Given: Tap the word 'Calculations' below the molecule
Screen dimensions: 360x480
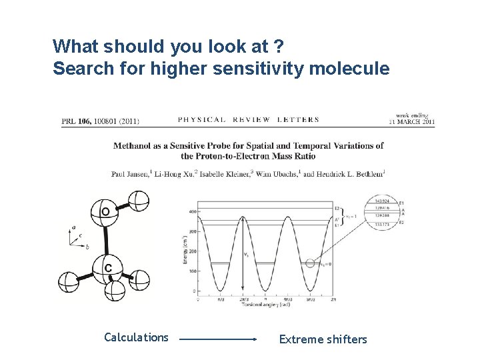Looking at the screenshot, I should tap(136, 337).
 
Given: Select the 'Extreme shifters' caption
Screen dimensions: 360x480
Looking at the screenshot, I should tap(323, 339).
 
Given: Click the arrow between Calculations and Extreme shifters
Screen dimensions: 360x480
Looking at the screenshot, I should tap(218, 339).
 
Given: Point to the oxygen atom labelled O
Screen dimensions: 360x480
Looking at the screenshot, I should tap(106, 213).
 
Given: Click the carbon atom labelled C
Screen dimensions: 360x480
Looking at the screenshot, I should tap(107, 267).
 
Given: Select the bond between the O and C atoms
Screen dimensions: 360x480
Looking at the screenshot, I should tap(106, 240).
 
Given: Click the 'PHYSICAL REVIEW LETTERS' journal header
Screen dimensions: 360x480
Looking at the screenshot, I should tap(248, 120).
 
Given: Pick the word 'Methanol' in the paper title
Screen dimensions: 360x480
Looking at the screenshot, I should tap(133, 145).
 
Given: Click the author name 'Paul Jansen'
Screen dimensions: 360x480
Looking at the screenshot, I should tap(129, 173).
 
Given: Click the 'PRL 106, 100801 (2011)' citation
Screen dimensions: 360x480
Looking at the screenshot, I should tap(100, 121).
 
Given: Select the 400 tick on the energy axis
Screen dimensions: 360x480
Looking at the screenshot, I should tap(192, 211).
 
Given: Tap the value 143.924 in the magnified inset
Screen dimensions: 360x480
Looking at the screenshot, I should tap(383, 201).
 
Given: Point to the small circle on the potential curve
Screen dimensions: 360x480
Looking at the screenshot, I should tap(309, 263).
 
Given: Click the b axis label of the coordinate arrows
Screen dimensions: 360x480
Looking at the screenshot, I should tap(87, 247).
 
